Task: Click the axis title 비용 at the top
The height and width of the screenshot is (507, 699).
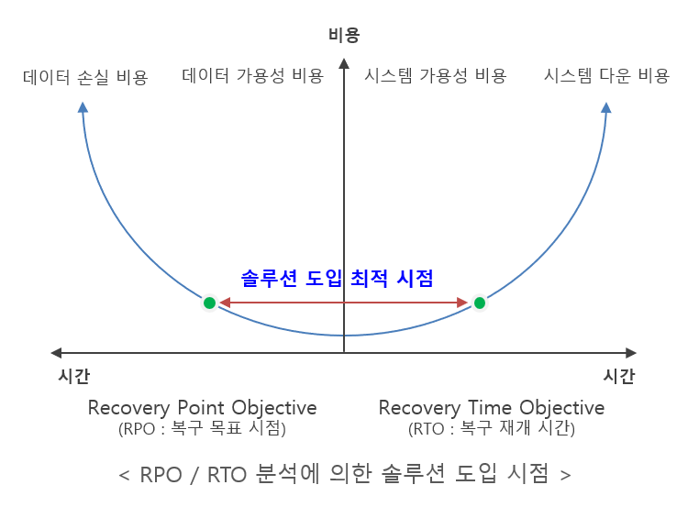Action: click(x=344, y=35)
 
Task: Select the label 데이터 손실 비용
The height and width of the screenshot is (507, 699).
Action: click(x=85, y=77)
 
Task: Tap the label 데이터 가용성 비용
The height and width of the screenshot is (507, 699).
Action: click(x=253, y=76)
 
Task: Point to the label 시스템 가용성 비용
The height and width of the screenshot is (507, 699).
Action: click(x=436, y=76)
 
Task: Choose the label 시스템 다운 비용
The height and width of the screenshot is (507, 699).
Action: click(x=606, y=76)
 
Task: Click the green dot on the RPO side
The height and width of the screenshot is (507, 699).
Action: click(x=209, y=303)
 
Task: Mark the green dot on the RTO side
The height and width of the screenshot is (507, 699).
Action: click(x=480, y=303)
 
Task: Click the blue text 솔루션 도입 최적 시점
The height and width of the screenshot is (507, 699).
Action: click(x=337, y=279)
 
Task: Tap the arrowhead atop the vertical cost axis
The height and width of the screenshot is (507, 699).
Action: click(x=344, y=63)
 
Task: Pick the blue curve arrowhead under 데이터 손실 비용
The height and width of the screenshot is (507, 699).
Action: click(x=83, y=107)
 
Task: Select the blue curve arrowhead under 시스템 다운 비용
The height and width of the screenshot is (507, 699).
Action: click(x=606, y=107)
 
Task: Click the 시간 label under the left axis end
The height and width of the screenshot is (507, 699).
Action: click(x=74, y=377)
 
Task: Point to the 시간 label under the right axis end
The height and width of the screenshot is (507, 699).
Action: click(x=619, y=377)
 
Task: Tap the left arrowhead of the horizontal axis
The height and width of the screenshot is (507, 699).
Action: click(x=56, y=353)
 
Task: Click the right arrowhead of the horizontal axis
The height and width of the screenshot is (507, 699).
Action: click(x=631, y=353)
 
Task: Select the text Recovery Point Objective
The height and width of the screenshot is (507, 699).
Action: click(x=202, y=408)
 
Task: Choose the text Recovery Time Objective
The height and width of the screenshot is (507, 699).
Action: click(x=492, y=408)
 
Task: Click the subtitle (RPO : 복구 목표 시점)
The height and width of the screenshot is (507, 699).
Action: click(x=202, y=428)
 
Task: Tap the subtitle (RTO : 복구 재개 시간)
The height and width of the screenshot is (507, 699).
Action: click(x=492, y=428)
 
